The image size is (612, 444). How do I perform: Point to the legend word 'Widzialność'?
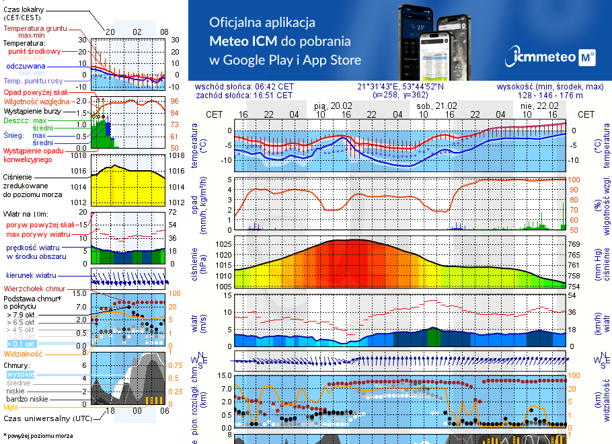pyautogui.click(x=24, y=353)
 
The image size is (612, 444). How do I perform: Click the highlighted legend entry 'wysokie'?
pyautogui.click(x=20, y=374)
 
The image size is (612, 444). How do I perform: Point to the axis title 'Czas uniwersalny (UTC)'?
pyautogui.click(x=46, y=418)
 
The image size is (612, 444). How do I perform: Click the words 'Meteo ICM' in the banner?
pyautogui.click(x=247, y=41)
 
